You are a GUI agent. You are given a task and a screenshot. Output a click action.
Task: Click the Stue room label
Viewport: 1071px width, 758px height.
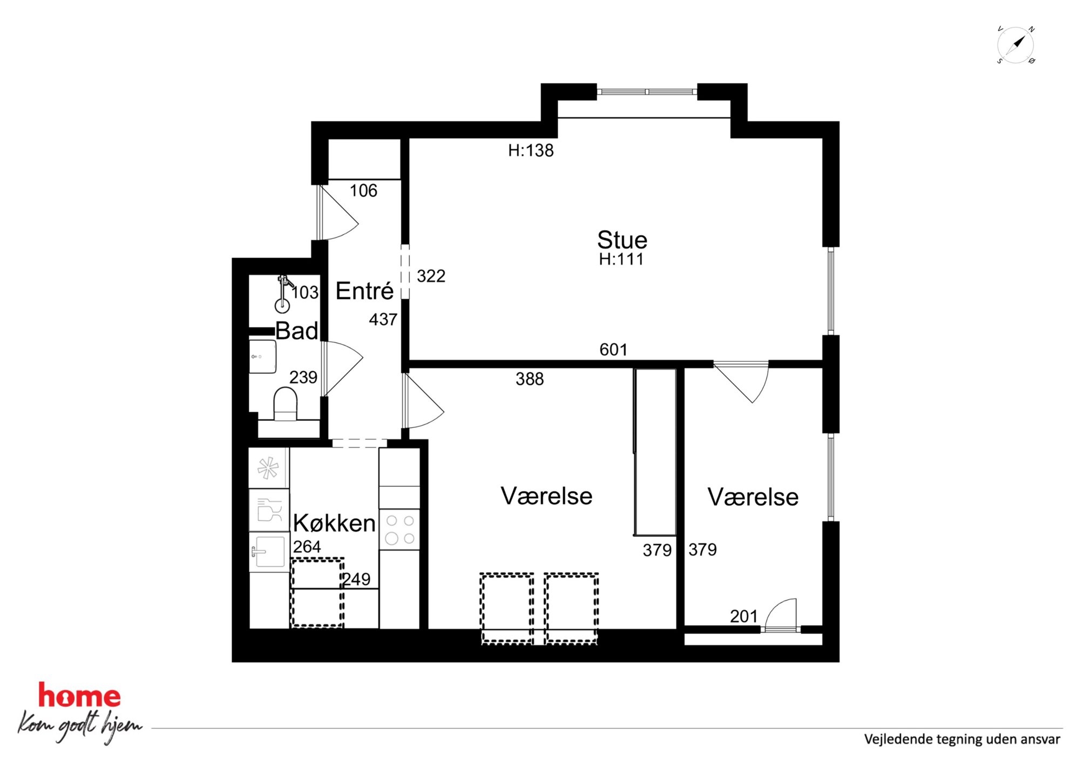pyautogui.click(x=622, y=240)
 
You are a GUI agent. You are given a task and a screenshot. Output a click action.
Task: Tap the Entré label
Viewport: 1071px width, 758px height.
pyautogui.click(x=364, y=291)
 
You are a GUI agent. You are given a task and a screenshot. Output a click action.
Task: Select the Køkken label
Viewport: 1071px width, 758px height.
pyautogui.click(x=334, y=523)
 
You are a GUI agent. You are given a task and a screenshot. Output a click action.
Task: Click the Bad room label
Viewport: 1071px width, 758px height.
pyautogui.click(x=296, y=331)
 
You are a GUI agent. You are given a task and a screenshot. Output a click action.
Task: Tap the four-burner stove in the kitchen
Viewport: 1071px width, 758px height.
pyautogui.click(x=399, y=530)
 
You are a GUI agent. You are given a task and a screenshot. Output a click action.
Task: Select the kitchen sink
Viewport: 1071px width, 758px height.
pyautogui.click(x=268, y=552)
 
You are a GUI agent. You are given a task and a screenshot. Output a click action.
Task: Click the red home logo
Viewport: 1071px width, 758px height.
pyautogui.click(x=79, y=695)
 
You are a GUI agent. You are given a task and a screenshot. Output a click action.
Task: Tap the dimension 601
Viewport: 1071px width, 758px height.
pyautogui.click(x=613, y=350)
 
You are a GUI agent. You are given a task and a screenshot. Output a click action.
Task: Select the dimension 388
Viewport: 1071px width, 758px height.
pyautogui.click(x=530, y=379)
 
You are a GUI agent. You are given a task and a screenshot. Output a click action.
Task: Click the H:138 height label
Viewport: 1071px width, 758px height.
pyautogui.click(x=531, y=151)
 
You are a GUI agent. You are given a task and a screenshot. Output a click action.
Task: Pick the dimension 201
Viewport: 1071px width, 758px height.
pyautogui.click(x=744, y=616)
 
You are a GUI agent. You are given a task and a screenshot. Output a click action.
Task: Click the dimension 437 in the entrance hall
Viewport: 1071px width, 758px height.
pyautogui.click(x=383, y=320)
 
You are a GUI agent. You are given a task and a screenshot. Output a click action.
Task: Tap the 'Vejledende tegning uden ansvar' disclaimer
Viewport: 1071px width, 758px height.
pyautogui.click(x=962, y=739)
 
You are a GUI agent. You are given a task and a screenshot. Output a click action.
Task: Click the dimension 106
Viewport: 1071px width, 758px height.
pyautogui.click(x=363, y=191)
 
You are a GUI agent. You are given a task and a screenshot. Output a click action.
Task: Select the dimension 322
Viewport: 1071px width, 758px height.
pyautogui.click(x=431, y=276)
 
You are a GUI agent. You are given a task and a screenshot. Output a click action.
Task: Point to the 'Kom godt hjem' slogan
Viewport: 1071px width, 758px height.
pyautogui.click(x=80, y=726)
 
